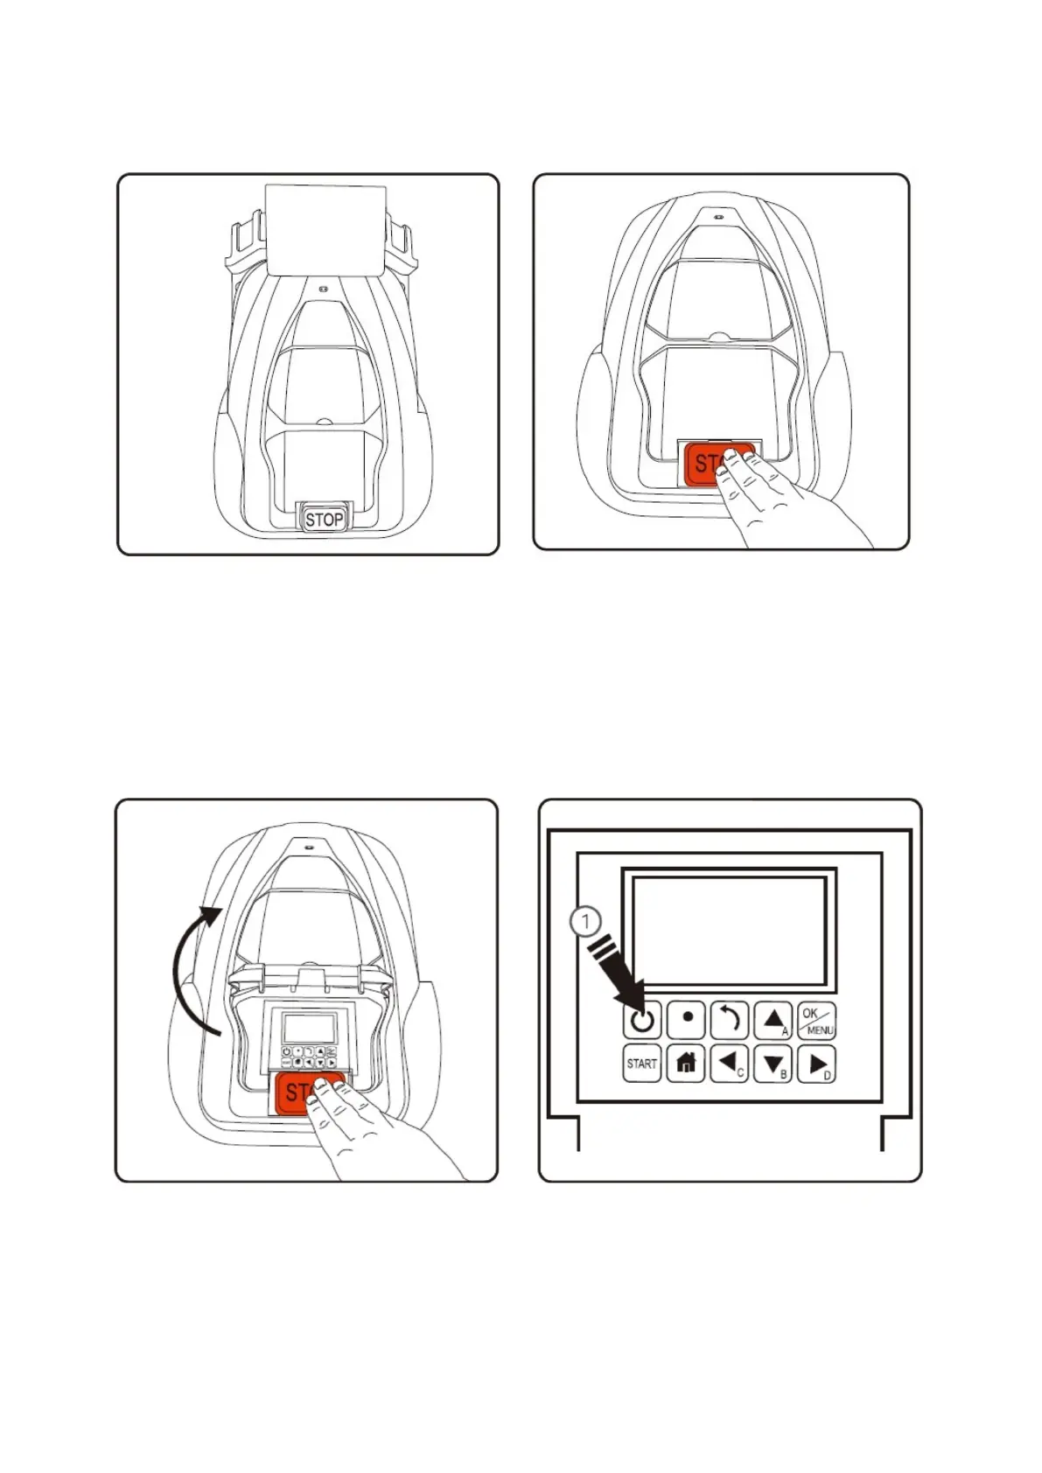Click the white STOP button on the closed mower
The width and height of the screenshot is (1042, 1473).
(x=323, y=519)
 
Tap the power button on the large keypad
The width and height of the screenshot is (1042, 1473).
(x=641, y=1020)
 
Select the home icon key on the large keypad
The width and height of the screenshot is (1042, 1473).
(x=686, y=1064)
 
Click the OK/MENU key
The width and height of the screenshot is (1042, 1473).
(x=817, y=1020)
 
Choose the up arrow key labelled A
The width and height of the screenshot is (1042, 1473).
(x=773, y=1020)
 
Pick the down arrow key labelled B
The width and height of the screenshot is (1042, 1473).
(x=773, y=1064)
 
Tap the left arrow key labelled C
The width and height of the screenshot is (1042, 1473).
(x=729, y=1064)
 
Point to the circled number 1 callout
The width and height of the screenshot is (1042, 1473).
(x=585, y=922)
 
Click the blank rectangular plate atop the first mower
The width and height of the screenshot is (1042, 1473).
(x=325, y=229)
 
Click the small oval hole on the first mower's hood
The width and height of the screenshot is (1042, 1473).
(x=323, y=288)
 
